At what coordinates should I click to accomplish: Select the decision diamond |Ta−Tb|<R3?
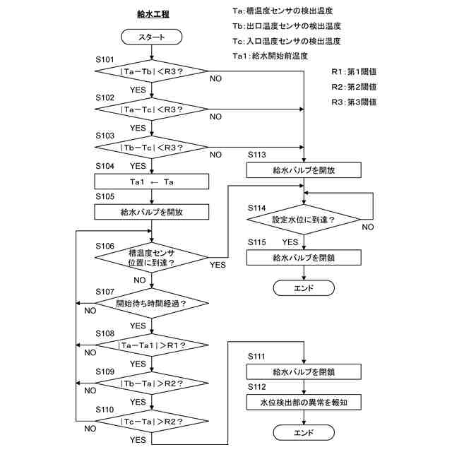click(x=152, y=71)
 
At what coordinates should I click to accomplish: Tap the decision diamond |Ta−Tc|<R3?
click(x=152, y=109)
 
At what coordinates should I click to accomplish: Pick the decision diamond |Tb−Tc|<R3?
click(x=152, y=148)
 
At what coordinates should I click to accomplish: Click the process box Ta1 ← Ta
click(x=152, y=182)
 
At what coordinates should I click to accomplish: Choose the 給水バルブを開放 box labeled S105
click(x=152, y=211)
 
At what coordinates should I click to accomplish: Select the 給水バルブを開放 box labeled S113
click(x=304, y=170)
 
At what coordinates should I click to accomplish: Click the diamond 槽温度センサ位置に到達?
click(x=152, y=257)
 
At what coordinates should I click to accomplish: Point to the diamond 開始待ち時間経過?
click(x=152, y=304)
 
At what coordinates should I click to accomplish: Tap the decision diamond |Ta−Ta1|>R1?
click(x=152, y=345)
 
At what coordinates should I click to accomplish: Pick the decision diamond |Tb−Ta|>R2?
click(x=152, y=383)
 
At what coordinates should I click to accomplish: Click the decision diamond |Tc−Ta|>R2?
click(x=152, y=422)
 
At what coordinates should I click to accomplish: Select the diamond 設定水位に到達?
click(x=304, y=220)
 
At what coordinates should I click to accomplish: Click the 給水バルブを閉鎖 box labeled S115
click(x=304, y=258)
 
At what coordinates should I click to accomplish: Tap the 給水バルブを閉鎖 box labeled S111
click(x=304, y=371)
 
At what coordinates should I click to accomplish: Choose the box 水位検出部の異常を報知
click(x=304, y=403)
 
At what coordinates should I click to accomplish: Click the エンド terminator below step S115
click(x=304, y=287)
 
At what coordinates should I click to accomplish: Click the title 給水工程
click(x=153, y=13)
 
